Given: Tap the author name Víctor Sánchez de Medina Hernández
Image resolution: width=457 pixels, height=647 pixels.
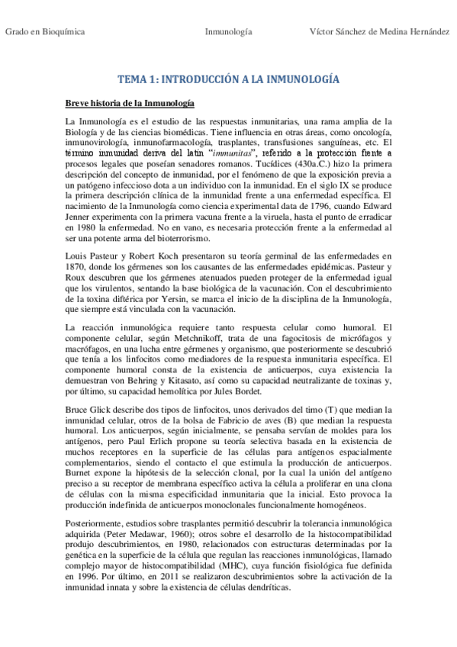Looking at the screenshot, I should click(x=379, y=31).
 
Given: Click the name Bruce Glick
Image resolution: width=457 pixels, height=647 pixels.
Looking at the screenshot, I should click(x=88, y=409).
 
